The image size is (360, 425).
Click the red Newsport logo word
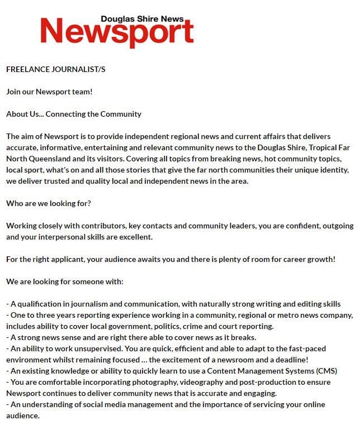click(116, 32)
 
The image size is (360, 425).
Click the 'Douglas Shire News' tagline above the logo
click(142, 18)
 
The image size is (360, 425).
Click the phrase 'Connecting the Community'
click(93, 114)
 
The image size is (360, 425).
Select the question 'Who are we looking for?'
click(48, 203)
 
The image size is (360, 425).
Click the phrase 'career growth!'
click(309, 259)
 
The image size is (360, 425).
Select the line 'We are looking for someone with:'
click(65, 281)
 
